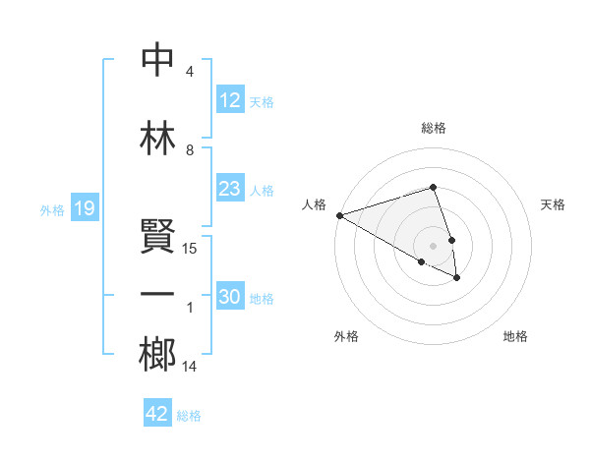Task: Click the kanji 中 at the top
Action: (157, 61)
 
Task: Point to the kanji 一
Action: (157, 295)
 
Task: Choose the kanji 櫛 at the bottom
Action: (157, 353)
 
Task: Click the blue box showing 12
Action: (229, 100)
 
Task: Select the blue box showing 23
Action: (229, 189)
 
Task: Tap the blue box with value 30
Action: (229, 298)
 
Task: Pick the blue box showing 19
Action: (85, 208)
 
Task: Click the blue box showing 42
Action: (157, 414)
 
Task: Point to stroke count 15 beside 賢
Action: (190, 249)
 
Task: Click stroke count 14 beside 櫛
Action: (190, 367)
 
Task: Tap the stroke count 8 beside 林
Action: (190, 150)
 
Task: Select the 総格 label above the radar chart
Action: (434, 128)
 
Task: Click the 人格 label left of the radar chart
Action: (315, 204)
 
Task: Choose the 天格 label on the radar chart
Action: (553, 204)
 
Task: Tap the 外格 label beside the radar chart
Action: (346, 336)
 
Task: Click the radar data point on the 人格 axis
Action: (339, 215)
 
